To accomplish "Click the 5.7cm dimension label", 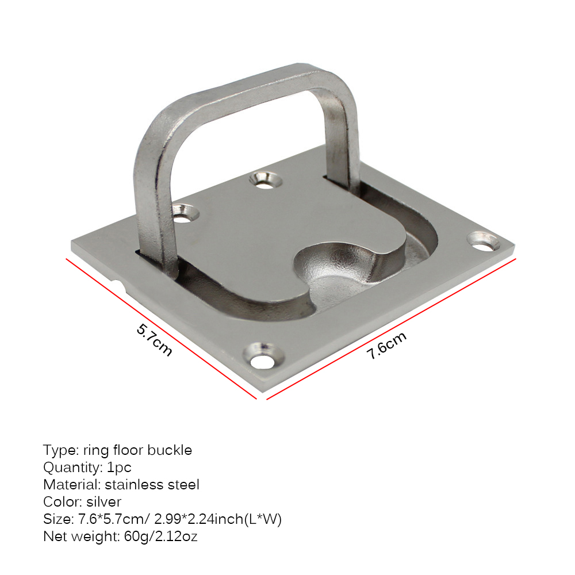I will coord(154,339).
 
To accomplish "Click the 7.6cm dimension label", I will coord(386,345).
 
